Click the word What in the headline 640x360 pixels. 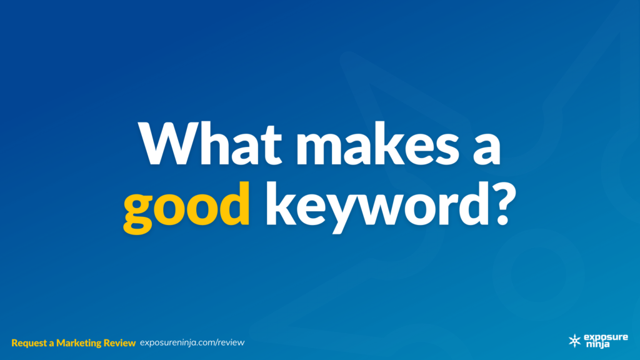coord(210,143)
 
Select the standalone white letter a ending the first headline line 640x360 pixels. coord(487,149)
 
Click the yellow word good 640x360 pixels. coord(186,207)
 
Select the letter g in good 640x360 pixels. coord(138,214)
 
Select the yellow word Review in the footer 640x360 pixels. coord(119,343)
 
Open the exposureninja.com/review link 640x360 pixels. coord(192,343)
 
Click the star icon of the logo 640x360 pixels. coord(575,341)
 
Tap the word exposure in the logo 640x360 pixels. coord(606,337)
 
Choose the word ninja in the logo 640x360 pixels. coord(598,344)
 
